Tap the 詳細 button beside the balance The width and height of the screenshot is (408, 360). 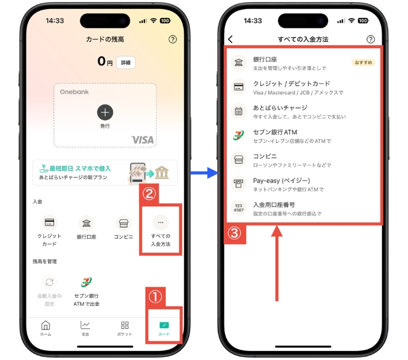(x=126, y=62)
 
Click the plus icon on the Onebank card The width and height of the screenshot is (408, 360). (x=105, y=112)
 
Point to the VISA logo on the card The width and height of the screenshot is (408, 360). (x=143, y=140)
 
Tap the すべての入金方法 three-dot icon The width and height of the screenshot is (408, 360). (x=160, y=223)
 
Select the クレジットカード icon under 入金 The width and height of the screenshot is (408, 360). (x=50, y=223)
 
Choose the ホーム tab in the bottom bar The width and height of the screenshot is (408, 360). (x=46, y=325)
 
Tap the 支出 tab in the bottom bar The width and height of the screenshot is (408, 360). (x=85, y=325)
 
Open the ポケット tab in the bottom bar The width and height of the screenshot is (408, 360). (x=125, y=325)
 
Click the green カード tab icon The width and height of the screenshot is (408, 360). (x=164, y=325)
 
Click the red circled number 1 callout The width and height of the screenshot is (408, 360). (x=155, y=296)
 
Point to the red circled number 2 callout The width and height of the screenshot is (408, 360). (x=149, y=194)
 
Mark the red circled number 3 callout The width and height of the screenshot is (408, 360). (x=235, y=233)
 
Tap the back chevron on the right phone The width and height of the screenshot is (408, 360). (x=230, y=40)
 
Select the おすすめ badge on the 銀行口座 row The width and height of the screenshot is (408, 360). (x=363, y=62)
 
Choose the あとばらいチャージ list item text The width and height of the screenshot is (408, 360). (x=280, y=108)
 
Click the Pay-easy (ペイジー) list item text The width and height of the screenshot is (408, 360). (x=281, y=180)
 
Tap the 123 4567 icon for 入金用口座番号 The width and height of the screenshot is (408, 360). (x=238, y=208)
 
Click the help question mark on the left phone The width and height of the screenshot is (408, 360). (x=173, y=40)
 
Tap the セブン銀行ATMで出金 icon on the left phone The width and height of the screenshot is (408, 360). (x=85, y=283)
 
